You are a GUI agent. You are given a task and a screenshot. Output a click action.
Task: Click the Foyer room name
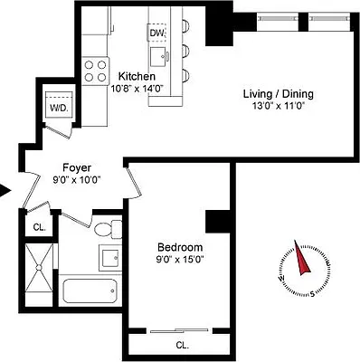click(76, 167)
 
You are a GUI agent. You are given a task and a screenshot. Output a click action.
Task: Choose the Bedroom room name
click(179, 247)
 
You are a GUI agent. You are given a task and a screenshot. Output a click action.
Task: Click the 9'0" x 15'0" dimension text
click(179, 262)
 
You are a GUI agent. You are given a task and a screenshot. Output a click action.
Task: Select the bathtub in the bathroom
click(90, 291)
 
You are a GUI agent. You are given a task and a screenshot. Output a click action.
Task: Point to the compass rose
click(298, 265)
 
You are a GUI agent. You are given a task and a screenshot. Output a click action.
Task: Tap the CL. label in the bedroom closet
click(181, 345)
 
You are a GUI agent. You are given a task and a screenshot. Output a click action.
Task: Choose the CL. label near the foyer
click(39, 228)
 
